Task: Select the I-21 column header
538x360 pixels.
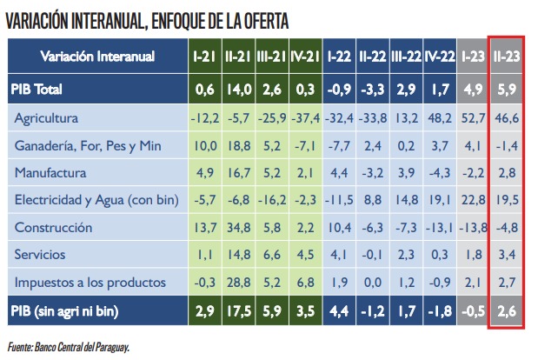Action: click(205, 57)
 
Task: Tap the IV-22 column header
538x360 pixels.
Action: click(441, 57)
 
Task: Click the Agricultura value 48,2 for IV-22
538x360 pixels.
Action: click(441, 117)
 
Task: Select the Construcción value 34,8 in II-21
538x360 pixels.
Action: click(238, 228)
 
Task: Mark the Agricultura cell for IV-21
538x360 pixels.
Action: click(306, 117)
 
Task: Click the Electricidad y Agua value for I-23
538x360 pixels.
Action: click(474, 200)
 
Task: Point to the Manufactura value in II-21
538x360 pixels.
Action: click(238, 173)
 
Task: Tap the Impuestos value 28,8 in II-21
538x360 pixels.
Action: click(238, 283)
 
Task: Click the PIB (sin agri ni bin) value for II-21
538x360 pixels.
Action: click(238, 311)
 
